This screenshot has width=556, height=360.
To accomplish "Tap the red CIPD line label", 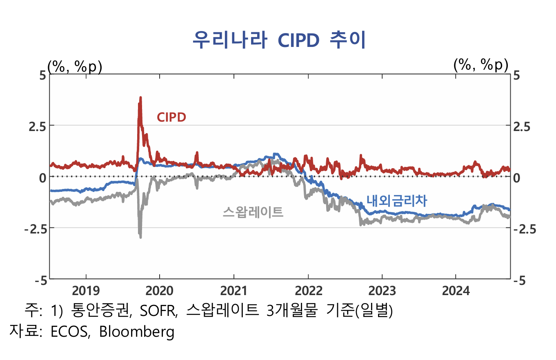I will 171,118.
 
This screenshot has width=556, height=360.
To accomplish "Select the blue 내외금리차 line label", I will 396,200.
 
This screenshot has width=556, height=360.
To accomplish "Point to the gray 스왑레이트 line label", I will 253,212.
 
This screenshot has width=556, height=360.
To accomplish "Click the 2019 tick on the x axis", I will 85,291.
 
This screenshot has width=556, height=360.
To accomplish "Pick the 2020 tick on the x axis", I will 160,291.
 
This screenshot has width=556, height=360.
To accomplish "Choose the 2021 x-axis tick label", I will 234,291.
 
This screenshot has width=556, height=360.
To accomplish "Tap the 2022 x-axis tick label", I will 308,291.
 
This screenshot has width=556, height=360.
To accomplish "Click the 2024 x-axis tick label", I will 456,291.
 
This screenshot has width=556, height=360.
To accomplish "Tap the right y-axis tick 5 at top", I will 517,75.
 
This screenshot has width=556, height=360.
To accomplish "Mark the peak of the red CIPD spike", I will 140,98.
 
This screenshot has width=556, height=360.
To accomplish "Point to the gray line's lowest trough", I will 140,237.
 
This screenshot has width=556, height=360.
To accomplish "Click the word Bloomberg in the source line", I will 137,331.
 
